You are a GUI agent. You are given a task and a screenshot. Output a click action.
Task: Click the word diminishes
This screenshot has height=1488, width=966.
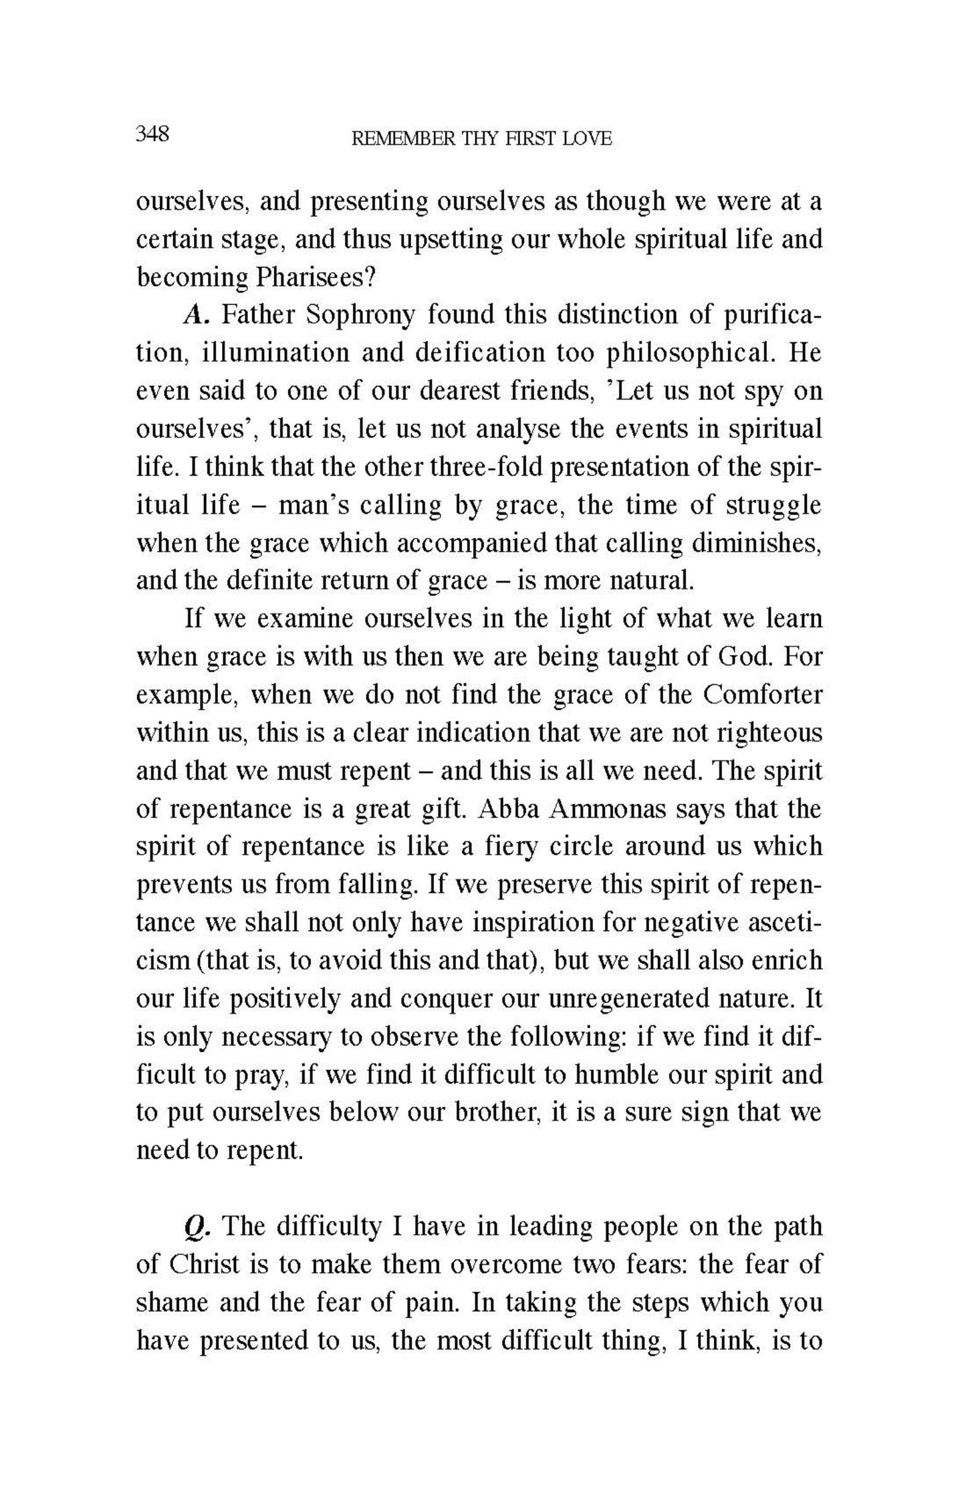755,543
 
